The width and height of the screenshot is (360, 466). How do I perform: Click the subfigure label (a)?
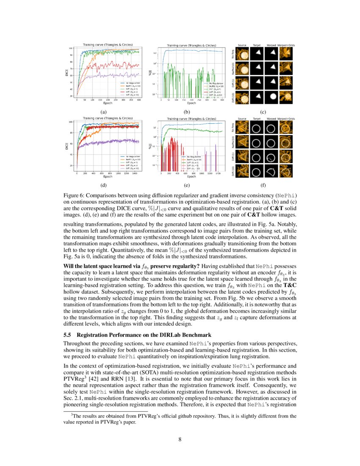[x=102, y=112]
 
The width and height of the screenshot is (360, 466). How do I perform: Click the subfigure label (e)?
[x=186, y=185]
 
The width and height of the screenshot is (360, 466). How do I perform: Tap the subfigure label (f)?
[x=263, y=185]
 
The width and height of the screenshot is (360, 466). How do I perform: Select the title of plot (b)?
[x=191, y=45]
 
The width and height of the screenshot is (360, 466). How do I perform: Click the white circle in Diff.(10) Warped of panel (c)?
[x=271, y=97]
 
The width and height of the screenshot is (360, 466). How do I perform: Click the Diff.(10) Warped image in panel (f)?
[x=271, y=172]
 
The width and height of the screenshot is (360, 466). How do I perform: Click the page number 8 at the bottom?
[x=180, y=439]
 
